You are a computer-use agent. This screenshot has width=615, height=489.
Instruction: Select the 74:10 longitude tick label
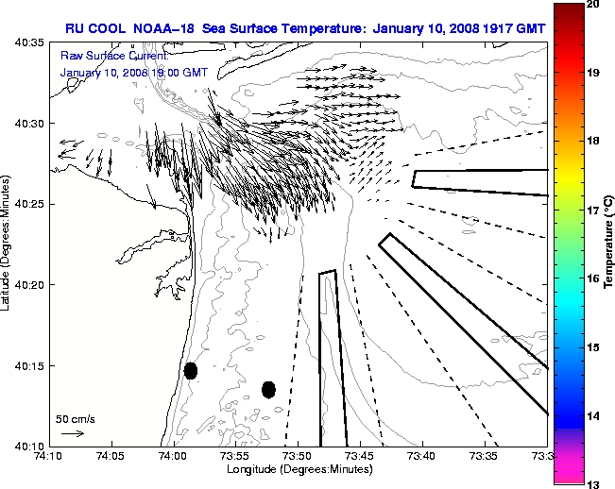click(x=49, y=457)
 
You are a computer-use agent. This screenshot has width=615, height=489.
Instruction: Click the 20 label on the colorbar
click(x=593, y=5)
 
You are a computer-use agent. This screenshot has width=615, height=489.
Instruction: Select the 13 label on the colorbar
click(x=593, y=484)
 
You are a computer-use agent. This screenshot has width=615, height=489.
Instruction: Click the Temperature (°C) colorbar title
click(x=609, y=244)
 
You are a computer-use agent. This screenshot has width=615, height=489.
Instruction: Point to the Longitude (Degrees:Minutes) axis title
click(x=298, y=469)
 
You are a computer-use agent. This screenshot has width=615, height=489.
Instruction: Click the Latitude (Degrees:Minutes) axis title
click(x=8, y=244)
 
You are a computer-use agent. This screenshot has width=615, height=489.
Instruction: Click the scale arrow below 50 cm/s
click(x=73, y=433)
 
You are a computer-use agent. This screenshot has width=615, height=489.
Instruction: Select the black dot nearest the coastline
click(x=191, y=370)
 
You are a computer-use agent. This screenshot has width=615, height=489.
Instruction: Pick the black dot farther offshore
click(x=268, y=389)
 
